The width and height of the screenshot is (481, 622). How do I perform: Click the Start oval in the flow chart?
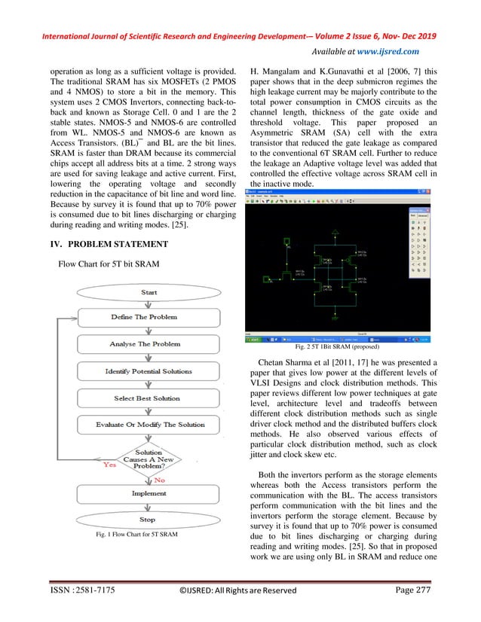coord(149,292)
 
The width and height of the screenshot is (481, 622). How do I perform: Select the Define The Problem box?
coord(143,317)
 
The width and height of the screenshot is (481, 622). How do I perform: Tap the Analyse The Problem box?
coord(143,344)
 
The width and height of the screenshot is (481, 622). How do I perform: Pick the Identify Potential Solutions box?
coord(149,371)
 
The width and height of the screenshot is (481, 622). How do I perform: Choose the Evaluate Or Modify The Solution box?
coord(150,425)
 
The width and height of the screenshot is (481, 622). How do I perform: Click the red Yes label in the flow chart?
coord(109,465)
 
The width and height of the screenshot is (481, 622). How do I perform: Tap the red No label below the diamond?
coord(160,479)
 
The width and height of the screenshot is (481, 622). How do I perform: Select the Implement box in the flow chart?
coord(149,493)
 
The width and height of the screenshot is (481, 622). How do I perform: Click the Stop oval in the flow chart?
coord(148,519)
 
